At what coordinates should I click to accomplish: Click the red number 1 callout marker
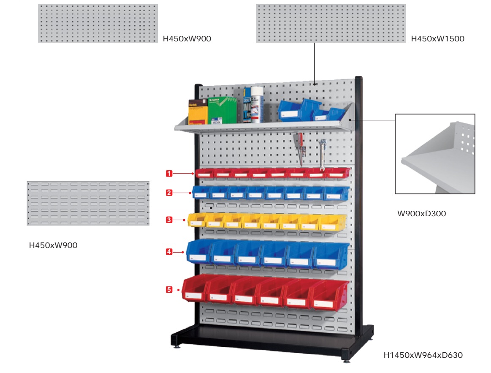pos(169,173)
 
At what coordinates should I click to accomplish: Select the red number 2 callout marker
pos(169,193)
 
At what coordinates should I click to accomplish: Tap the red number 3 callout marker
pos(169,220)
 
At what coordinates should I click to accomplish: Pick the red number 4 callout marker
pos(169,252)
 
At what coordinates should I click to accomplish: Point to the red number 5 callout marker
pos(169,289)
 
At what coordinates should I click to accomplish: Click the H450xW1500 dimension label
pos(437,39)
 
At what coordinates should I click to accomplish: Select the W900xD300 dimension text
pos(421,214)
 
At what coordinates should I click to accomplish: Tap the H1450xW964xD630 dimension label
pos(423,355)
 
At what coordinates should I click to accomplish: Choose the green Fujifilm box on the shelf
pos(222,111)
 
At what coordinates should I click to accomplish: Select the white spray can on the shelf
pos(256,105)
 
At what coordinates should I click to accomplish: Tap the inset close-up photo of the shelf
pos(435,154)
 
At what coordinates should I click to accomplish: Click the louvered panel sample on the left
pos(88,203)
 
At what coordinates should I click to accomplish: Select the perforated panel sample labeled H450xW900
pos(98,23)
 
